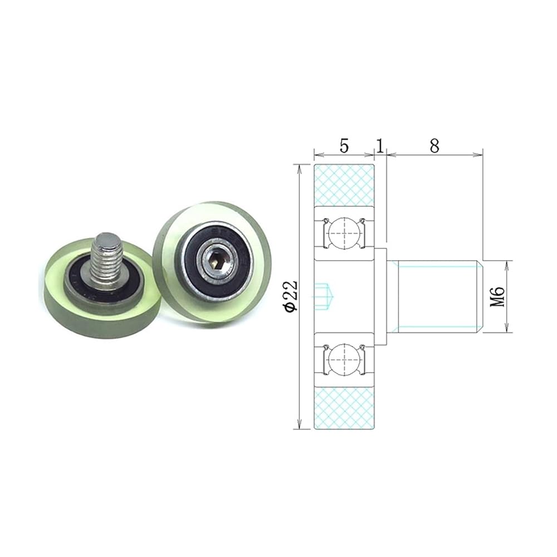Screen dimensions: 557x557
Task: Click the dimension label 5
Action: click(x=344, y=145)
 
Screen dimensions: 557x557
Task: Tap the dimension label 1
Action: click(x=380, y=145)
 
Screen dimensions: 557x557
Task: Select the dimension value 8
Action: click(x=434, y=145)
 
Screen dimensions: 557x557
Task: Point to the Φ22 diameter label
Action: click(x=291, y=296)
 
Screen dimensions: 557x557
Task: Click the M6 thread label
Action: click(x=497, y=297)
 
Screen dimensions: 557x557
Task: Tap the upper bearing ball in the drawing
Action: click(x=344, y=233)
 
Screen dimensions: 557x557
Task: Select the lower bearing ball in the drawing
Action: click(x=344, y=359)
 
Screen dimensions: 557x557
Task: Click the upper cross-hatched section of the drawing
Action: click(x=344, y=185)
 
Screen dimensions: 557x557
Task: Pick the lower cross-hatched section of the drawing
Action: click(x=344, y=408)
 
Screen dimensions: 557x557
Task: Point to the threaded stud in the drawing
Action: click(x=436, y=297)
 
